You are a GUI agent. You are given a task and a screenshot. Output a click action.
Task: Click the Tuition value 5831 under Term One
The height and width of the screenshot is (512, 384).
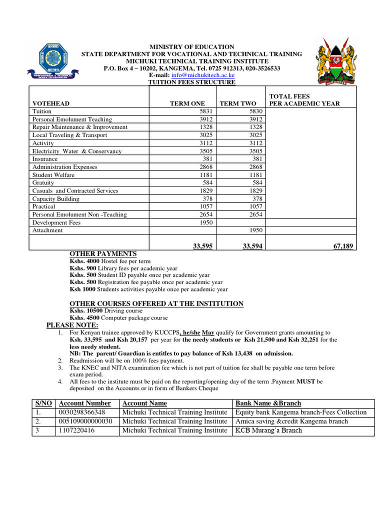[x=205, y=111]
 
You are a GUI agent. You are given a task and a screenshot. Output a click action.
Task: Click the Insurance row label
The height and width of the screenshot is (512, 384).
[x=45, y=159]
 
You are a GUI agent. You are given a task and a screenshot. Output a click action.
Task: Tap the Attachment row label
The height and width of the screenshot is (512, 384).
[x=47, y=230]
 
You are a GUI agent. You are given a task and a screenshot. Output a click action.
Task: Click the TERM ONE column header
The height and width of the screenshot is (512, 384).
[x=187, y=103]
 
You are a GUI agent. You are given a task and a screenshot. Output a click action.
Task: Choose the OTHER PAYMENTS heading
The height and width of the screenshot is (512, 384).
[x=102, y=253]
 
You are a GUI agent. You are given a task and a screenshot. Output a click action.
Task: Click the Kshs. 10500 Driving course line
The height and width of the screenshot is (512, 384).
[x=106, y=310]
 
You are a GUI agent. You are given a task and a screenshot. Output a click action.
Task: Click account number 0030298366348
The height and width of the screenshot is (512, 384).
[x=82, y=412]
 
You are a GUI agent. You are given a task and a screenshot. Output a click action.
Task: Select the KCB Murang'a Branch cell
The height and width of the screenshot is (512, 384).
[x=269, y=430]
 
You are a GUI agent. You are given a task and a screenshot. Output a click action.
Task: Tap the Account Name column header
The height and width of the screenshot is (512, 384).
[x=144, y=403]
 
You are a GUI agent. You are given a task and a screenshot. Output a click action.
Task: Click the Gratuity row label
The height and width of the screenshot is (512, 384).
[x=43, y=183]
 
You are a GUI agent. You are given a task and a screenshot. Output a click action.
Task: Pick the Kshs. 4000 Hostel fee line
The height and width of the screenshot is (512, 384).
[x=110, y=261]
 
